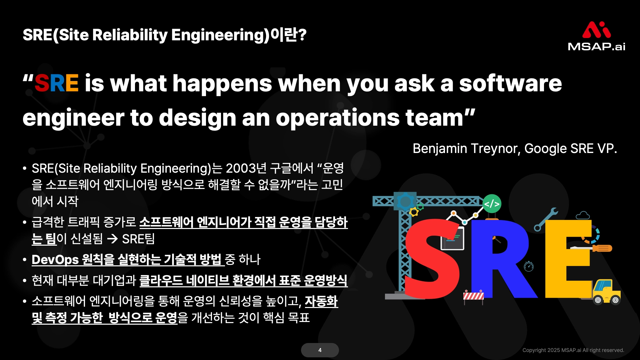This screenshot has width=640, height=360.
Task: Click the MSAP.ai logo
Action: click(x=596, y=36)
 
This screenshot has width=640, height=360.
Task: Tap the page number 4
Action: click(x=320, y=350)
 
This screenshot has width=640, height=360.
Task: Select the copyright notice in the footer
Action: click(x=573, y=350)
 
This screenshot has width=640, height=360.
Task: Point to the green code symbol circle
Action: click(x=492, y=204)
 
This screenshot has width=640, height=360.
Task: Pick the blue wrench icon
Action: click(x=546, y=219)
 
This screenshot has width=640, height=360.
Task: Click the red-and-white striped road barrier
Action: click(x=473, y=296)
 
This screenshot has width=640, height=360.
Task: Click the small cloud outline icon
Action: click(x=583, y=215)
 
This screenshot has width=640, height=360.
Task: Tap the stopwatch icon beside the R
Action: click(x=529, y=266)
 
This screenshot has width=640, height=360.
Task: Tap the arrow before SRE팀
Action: click(x=112, y=239)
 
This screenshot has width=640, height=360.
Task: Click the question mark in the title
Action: click(x=302, y=35)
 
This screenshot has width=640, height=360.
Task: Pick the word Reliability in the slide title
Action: click(x=129, y=35)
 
